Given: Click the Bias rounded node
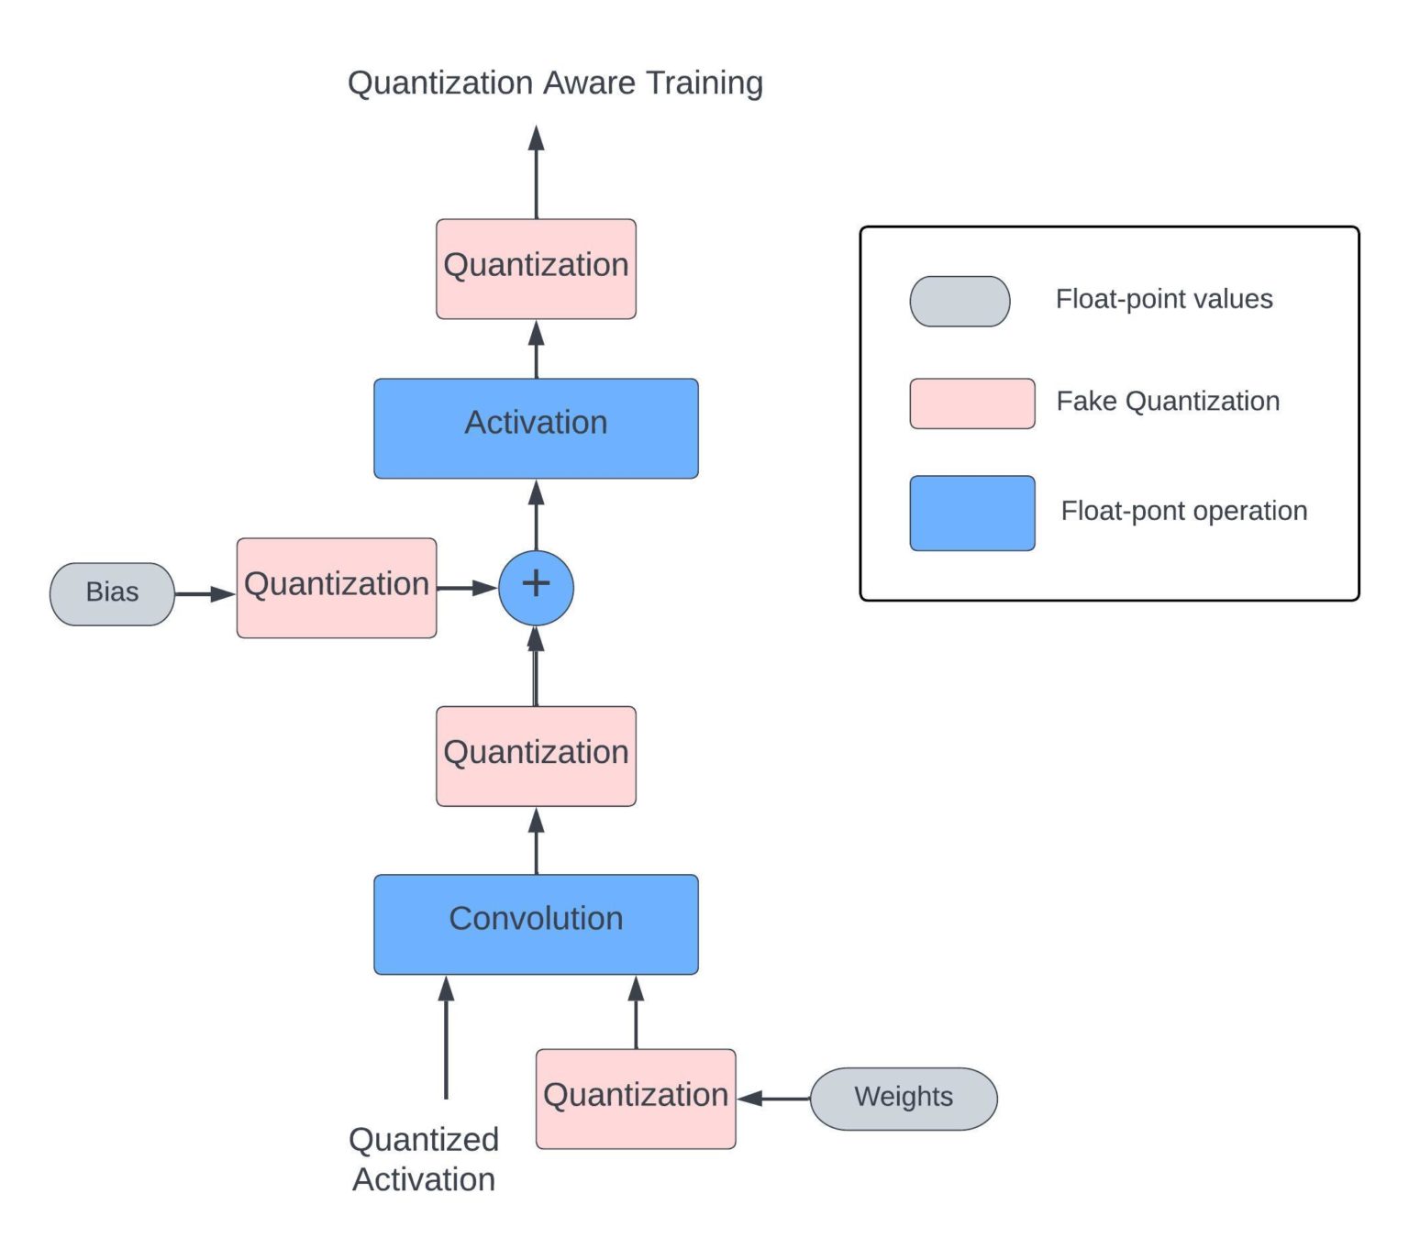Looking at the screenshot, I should (x=112, y=594).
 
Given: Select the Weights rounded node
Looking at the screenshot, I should (x=904, y=1098).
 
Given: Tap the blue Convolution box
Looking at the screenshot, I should (x=536, y=923).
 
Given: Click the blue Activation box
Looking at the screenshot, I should (x=536, y=427).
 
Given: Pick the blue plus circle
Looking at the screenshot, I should (x=536, y=588).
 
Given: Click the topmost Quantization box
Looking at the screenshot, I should (x=536, y=269).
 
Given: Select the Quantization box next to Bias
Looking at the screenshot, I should (x=337, y=588).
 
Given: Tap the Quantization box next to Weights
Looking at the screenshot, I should (x=636, y=1098).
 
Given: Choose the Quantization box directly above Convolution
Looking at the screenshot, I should (x=536, y=756).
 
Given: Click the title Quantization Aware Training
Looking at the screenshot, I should (x=555, y=83).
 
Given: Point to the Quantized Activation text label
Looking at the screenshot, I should (x=424, y=1159).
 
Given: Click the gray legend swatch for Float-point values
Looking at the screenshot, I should (x=960, y=301).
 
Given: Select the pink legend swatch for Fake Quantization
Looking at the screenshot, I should (x=971, y=403).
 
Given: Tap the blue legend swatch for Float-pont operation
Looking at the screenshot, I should (x=971, y=513).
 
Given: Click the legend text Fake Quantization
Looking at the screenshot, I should (x=1168, y=401).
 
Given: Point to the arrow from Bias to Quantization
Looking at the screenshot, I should (x=205, y=594).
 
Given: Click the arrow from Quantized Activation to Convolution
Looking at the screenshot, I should (x=447, y=1036).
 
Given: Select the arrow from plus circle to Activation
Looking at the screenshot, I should (x=537, y=515).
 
